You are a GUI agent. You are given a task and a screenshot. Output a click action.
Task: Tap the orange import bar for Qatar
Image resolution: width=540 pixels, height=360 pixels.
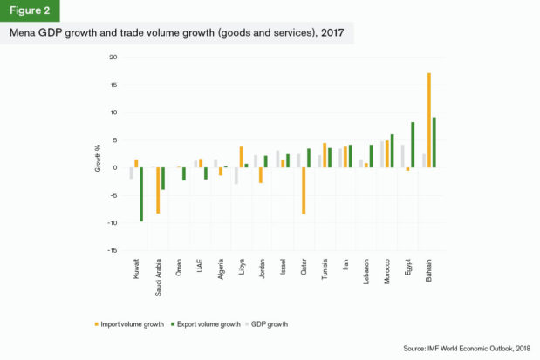304,190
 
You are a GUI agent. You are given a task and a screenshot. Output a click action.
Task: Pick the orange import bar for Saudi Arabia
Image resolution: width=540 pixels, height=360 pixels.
158,190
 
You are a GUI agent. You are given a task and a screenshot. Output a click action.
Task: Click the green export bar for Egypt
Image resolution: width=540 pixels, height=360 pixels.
413,145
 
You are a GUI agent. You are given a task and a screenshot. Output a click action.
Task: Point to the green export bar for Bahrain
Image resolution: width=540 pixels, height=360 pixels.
434,142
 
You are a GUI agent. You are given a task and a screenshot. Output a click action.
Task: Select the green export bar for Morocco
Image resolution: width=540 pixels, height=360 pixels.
392,151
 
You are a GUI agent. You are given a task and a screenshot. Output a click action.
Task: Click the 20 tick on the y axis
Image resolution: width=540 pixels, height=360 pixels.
113,58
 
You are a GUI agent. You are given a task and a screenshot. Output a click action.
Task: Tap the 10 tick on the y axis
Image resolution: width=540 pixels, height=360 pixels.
113,112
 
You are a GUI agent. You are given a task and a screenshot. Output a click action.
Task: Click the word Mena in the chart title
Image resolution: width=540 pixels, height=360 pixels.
24,34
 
